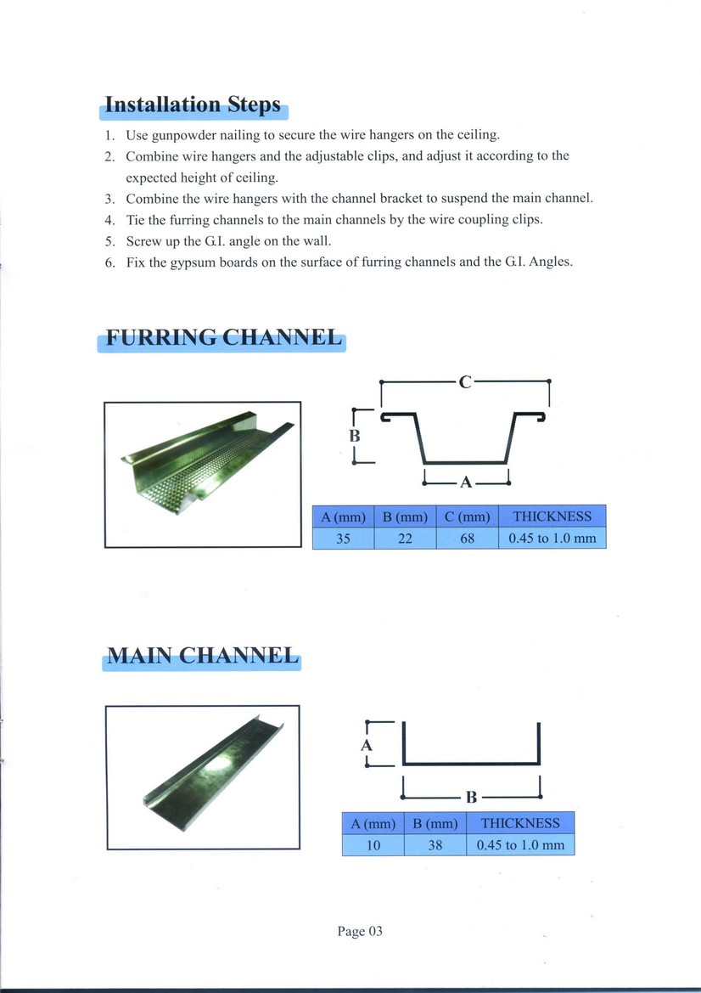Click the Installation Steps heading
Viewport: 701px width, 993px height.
pyautogui.click(x=192, y=105)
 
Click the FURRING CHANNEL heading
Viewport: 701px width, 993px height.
pyautogui.click(x=222, y=337)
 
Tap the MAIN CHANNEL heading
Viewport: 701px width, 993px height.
pyautogui.click(x=201, y=656)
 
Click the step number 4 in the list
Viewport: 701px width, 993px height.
pyautogui.click(x=109, y=219)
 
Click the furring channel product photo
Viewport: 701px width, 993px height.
pyautogui.click(x=202, y=474)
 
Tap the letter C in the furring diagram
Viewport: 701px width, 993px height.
pyautogui.click(x=464, y=381)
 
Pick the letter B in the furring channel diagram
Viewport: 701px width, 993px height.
pyautogui.click(x=356, y=437)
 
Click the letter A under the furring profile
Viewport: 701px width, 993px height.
pyautogui.click(x=465, y=482)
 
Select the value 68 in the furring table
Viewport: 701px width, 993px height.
pyautogui.click(x=467, y=539)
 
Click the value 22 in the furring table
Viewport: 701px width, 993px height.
pyautogui.click(x=405, y=539)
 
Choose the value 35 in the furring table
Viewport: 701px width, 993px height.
pyautogui.click(x=343, y=539)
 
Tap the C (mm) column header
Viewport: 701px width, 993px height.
pyautogui.click(x=467, y=516)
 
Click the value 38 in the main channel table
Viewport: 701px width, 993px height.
pyautogui.click(x=435, y=845)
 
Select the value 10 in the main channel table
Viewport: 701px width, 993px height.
pyautogui.click(x=373, y=845)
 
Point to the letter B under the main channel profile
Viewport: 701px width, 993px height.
pyautogui.click(x=472, y=797)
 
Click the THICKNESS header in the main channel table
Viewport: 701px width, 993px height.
pyautogui.click(x=520, y=823)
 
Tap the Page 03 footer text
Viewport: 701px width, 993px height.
pyautogui.click(x=360, y=931)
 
